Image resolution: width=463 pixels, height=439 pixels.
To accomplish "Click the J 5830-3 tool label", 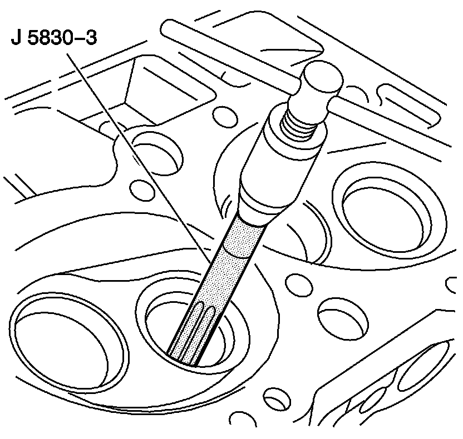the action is pyautogui.click(x=52, y=41).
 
